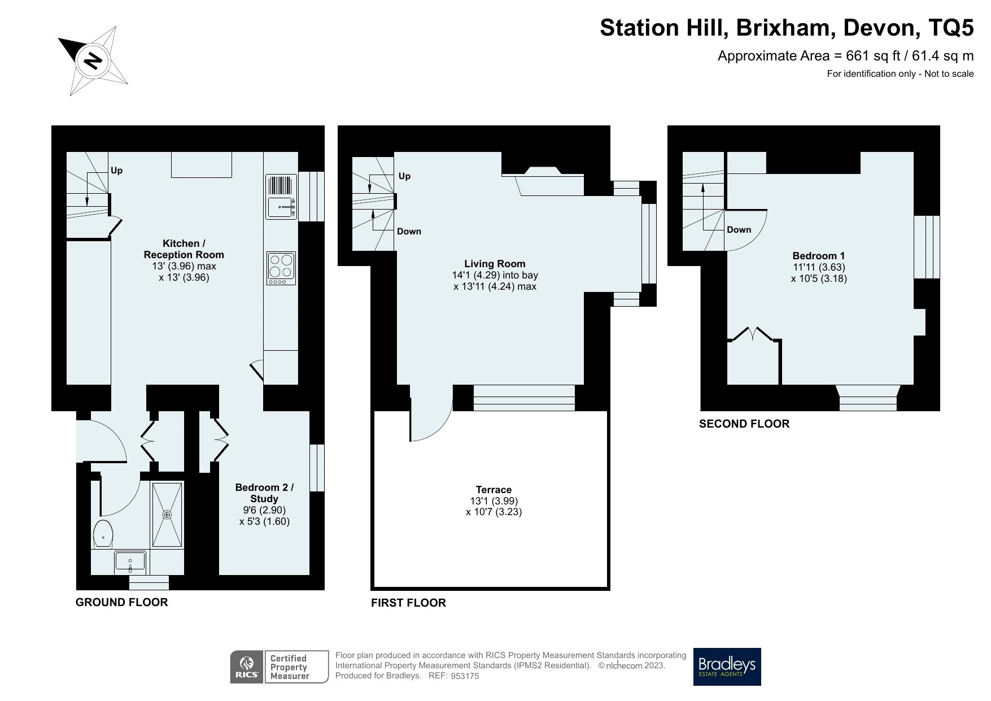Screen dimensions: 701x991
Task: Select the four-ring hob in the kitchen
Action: tap(281, 268)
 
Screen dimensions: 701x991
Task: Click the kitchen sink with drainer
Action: tap(281, 198)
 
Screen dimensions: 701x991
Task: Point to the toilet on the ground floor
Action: tap(103, 533)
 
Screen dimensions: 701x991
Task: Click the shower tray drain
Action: tap(167, 515)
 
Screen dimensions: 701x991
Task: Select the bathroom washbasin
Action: tap(130, 562)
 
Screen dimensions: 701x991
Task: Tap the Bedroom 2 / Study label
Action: tap(264, 493)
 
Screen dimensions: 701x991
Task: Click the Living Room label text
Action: tap(495, 264)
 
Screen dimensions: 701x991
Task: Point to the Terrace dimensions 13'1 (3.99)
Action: tap(494, 501)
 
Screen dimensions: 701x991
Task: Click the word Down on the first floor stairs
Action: tap(409, 232)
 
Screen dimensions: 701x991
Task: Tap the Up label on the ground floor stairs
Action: tap(116, 171)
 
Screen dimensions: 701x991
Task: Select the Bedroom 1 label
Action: tap(818, 256)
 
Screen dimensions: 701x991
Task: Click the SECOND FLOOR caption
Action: tap(744, 424)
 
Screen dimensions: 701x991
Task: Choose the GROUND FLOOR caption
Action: tap(121, 602)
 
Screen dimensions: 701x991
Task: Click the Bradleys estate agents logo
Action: tap(727, 667)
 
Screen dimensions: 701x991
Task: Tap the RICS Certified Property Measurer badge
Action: tap(279, 667)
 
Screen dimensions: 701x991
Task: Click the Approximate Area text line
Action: tap(845, 56)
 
